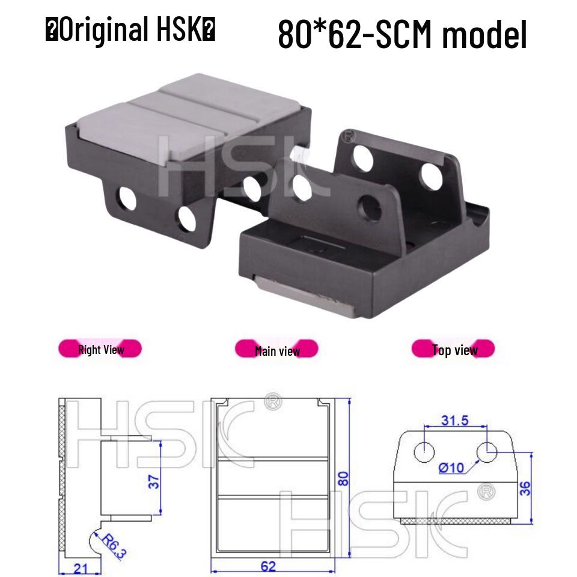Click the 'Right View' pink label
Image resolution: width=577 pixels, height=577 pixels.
(x=100, y=349)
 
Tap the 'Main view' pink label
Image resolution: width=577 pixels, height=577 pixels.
(x=276, y=350)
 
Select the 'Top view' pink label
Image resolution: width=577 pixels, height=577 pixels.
(x=454, y=350)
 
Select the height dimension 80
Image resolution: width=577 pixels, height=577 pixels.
(x=343, y=478)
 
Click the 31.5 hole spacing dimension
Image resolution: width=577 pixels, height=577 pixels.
(x=454, y=420)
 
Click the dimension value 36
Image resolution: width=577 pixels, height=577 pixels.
(x=525, y=487)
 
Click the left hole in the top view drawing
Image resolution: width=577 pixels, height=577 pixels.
(x=425, y=451)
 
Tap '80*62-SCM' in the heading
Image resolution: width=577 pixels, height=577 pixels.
(x=356, y=35)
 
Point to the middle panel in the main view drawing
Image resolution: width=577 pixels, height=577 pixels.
(x=272, y=478)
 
